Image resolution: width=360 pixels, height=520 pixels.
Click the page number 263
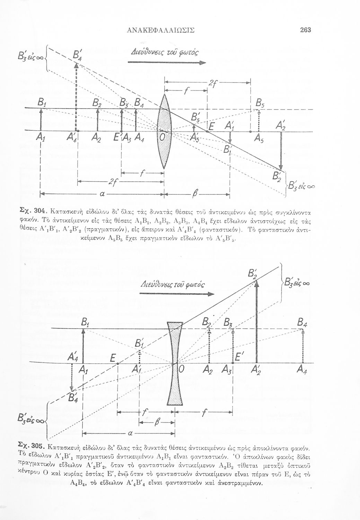pyautogui.click(x=306, y=30)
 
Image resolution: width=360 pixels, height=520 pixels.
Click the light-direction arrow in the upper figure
pyautogui.click(x=167, y=63)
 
